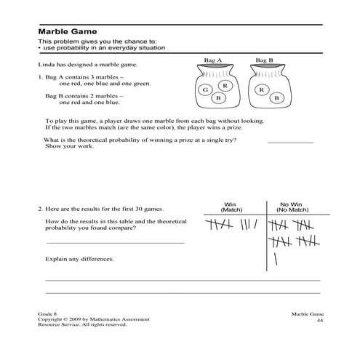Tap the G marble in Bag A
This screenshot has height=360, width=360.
[206, 89]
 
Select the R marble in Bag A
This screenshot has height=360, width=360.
[225, 86]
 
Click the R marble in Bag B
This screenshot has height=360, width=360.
[260, 89]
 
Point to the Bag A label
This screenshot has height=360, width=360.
[215, 61]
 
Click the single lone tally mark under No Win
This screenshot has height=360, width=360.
[276, 258]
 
